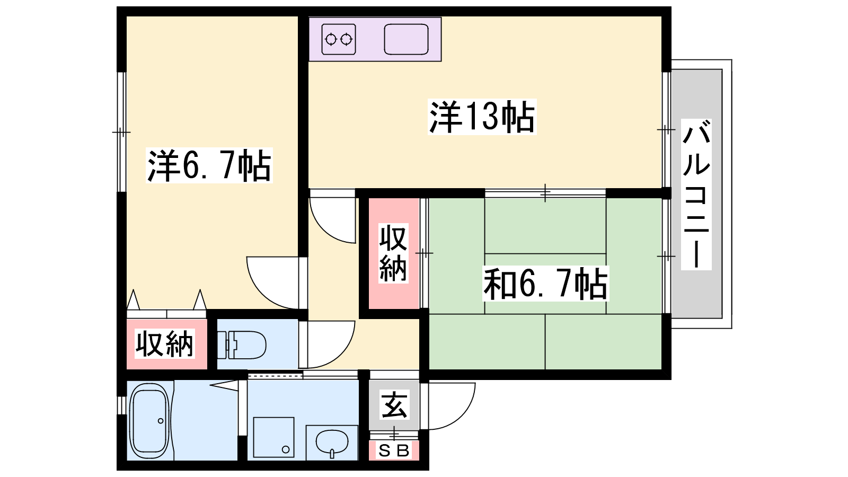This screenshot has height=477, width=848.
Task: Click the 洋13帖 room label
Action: click(x=482, y=117)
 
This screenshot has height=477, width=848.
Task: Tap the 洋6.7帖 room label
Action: click(x=209, y=165)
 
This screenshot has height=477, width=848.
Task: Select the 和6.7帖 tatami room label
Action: click(x=545, y=284)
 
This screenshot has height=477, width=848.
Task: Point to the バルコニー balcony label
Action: click(x=696, y=194)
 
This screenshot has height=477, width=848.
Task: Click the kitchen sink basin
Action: click(x=406, y=39)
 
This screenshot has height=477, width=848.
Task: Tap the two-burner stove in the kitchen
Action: click(x=339, y=39)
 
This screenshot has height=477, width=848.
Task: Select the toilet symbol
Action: click(x=242, y=344)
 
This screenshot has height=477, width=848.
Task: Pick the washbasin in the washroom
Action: click(x=332, y=443)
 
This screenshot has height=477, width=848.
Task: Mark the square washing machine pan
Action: click(x=273, y=437)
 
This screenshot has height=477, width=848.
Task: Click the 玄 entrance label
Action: click(x=394, y=405)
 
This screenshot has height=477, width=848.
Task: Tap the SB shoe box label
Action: click(x=394, y=451)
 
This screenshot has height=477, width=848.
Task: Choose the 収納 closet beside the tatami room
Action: click(x=393, y=253)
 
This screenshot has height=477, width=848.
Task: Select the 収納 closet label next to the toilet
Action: click(x=165, y=344)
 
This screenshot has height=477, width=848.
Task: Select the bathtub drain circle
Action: click(x=161, y=421)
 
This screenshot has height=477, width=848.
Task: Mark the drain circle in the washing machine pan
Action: click(x=286, y=450)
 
